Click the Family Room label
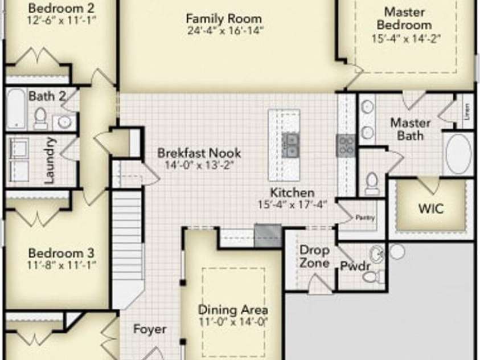click(224, 19)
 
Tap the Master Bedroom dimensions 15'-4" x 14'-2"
click(406, 39)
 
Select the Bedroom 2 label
click(61, 9)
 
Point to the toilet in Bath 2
click(40, 119)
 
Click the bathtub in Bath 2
click(15, 109)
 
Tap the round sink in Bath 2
click(64, 122)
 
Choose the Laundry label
click(50, 161)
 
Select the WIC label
click(431, 209)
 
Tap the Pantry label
click(365, 218)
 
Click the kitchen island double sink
click(290, 145)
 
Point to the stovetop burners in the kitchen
click(346, 145)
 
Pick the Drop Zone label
click(314, 256)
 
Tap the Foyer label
click(150, 329)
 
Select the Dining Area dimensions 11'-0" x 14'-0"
click(233, 322)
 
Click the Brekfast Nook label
click(199, 153)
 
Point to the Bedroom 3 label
click(61, 253)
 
